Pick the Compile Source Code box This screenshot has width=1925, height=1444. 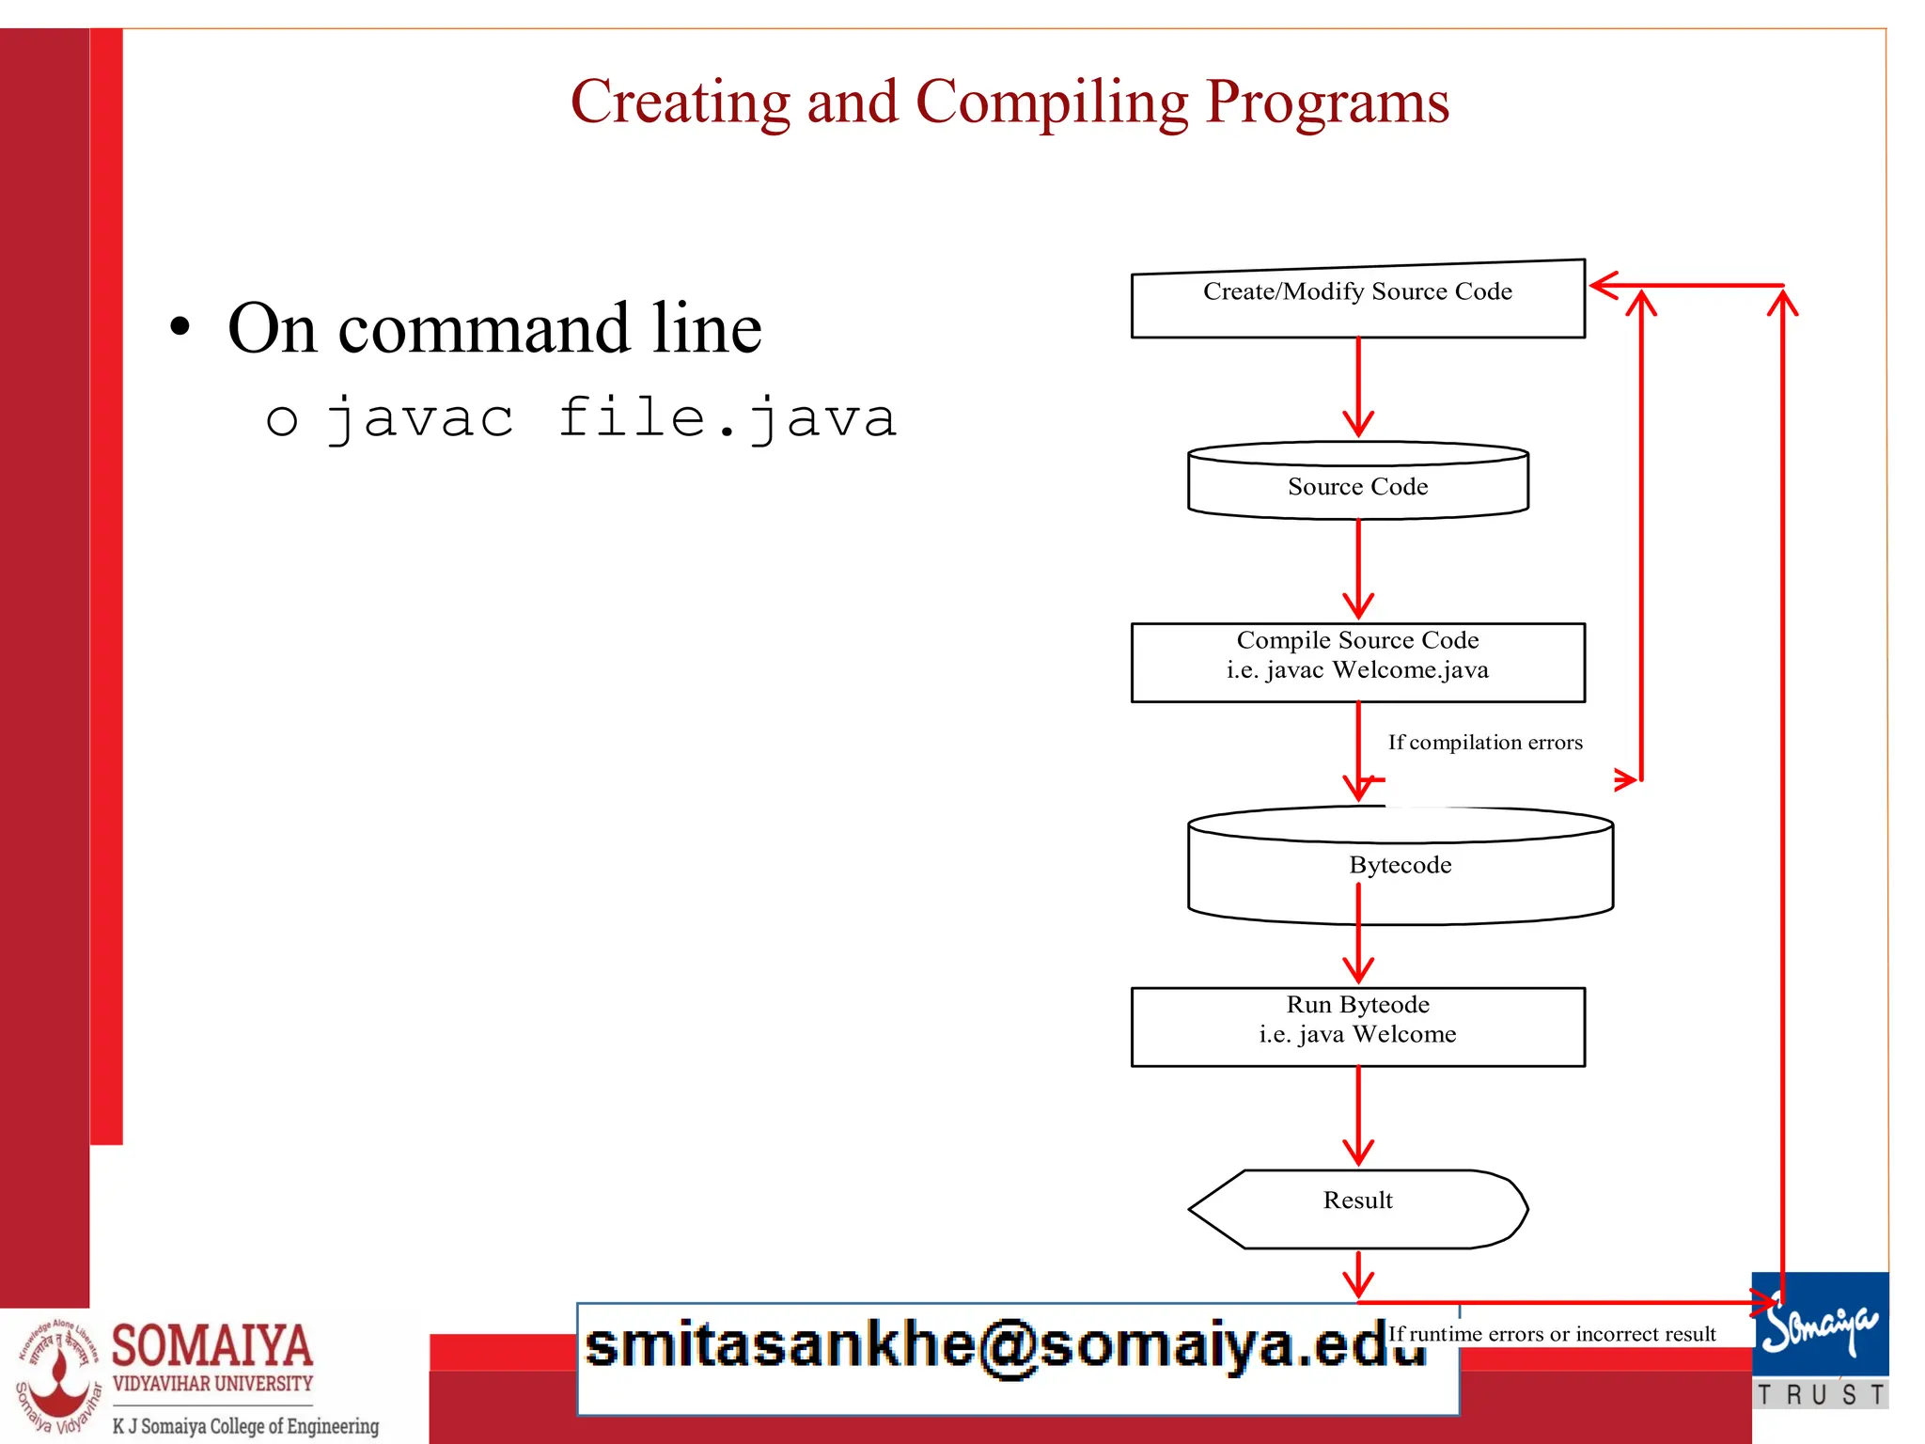point(1357,662)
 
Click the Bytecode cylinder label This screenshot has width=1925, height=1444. point(1400,865)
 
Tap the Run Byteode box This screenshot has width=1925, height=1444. point(1357,1026)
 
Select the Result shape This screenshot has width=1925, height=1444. point(1357,1208)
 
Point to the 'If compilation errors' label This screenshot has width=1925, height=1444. point(1485,743)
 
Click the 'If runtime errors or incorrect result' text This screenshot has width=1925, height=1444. point(1552,1334)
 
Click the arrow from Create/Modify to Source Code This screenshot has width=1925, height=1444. point(1358,385)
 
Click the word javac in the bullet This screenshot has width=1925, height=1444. point(420,418)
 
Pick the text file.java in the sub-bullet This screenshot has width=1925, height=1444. point(728,418)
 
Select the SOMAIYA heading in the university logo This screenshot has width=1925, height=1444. point(212,1345)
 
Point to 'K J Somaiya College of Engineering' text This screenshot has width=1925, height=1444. point(245,1425)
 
